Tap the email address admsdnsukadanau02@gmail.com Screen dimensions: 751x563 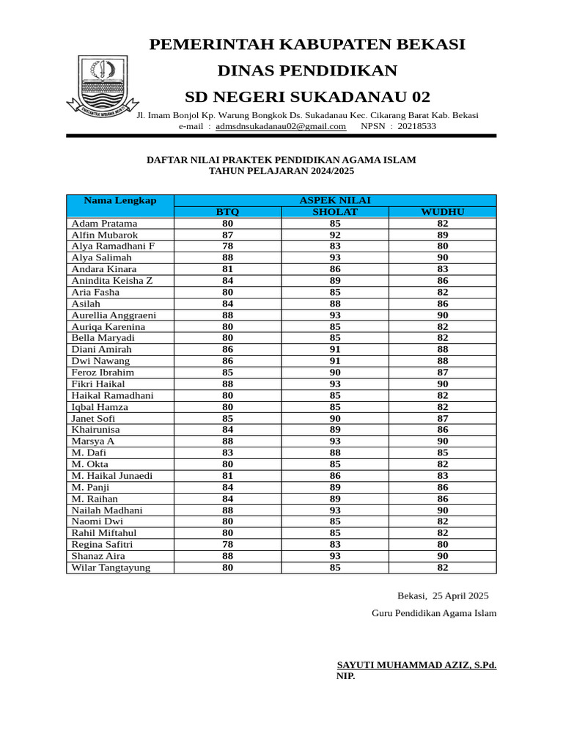coord(281,126)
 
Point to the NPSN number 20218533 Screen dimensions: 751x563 coord(413,126)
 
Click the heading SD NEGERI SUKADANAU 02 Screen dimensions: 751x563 coord(307,98)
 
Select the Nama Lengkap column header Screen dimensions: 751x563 coord(119,200)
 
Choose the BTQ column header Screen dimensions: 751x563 coord(227,212)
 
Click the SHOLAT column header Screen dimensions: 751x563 coord(335,212)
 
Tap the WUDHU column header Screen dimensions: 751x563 coord(443,212)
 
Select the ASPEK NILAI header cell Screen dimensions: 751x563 coord(335,200)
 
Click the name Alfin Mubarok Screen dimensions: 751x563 coord(104,235)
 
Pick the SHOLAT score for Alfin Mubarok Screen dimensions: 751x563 coord(335,235)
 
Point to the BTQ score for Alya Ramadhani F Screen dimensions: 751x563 coord(227,246)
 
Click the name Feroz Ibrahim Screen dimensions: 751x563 coord(103,373)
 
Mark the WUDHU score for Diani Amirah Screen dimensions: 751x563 coord(443,350)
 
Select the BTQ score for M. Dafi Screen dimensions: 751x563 coord(227,453)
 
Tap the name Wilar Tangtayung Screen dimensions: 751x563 coord(111,568)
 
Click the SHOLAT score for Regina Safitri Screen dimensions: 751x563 coord(335,544)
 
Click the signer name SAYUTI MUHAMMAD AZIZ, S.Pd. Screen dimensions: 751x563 coord(416,665)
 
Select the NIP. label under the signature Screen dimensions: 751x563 coord(345,676)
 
